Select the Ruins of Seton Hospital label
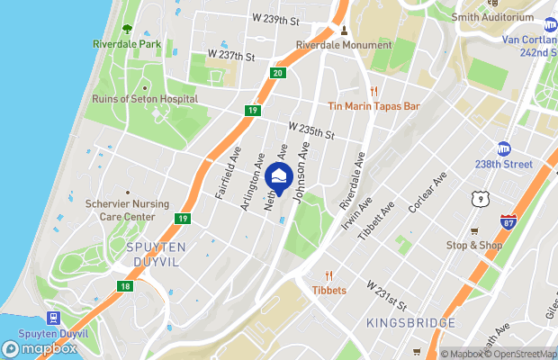pos(144,98)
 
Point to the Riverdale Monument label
pos(344,45)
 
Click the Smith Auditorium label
pos(492,17)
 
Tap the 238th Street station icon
pos(504,148)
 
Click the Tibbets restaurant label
pos(329,290)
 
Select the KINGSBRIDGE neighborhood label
pos(411,322)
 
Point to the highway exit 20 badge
pos(277,72)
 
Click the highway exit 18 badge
pos(124,286)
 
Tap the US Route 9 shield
pos(477,195)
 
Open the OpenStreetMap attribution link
pos(521,354)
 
